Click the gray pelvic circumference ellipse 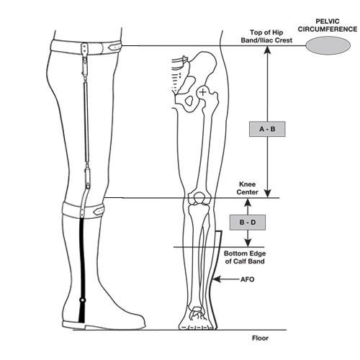(328, 45)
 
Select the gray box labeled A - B (267, 129)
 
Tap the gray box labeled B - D (248, 222)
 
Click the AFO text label (247, 279)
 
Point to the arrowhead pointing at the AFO (216, 279)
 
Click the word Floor (260, 338)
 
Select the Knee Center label (247, 188)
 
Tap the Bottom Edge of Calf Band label (245, 257)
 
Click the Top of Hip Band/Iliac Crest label (266, 36)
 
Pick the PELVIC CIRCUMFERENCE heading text (328, 25)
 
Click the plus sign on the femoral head (203, 92)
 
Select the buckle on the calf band (99, 211)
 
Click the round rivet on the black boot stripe (83, 300)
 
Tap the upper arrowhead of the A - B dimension (268, 50)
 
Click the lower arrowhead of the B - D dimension (248, 243)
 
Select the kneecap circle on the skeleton (199, 197)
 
